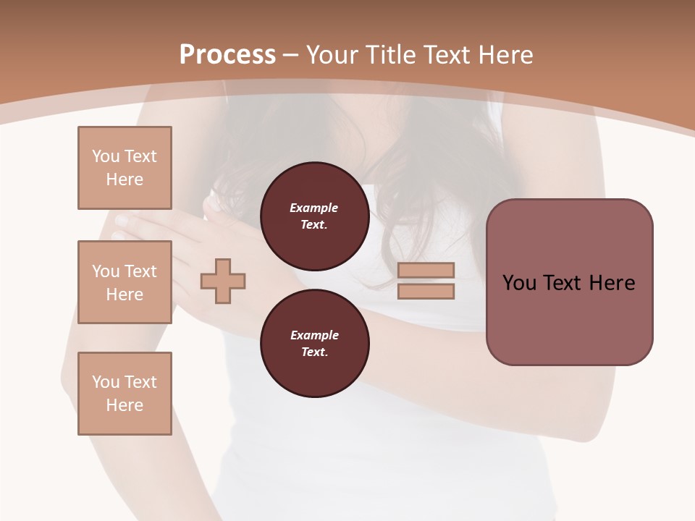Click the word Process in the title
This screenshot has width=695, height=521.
pos(227,55)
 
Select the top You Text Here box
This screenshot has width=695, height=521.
pos(125,168)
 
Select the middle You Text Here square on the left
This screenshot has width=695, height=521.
pos(125,282)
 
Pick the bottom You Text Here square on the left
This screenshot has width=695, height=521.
pos(125,394)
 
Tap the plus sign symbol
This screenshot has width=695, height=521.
pos(223,281)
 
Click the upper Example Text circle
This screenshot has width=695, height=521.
pos(314,216)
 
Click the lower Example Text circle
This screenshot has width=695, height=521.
pos(314,344)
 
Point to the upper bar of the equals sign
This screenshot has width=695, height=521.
pos(426,270)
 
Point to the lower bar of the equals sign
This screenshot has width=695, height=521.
pos(426,292)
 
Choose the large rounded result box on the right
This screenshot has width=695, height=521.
pos(569,282)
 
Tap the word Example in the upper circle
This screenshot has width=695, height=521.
pos(314,208)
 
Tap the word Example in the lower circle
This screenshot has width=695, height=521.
pos(314,335)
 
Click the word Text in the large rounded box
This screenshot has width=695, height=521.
pos(563,283)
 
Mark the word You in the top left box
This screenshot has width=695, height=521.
pos(105,156)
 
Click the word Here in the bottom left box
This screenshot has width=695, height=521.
pos(125,405)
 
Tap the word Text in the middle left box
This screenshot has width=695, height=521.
pos(140,271)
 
